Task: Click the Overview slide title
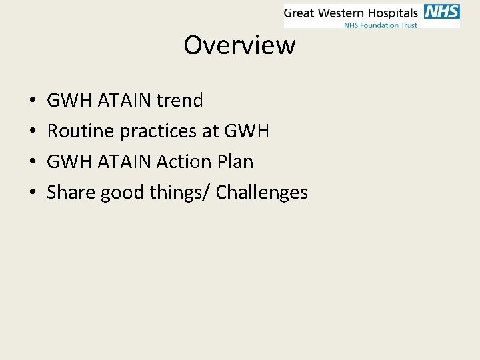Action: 239,45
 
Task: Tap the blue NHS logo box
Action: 441,12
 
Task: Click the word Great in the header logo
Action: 300,13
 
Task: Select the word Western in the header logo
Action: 342,13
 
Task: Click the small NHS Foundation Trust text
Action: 380,25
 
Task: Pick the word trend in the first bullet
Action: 179,101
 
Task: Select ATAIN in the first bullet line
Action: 125,101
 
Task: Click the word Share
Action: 71,193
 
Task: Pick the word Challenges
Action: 262,193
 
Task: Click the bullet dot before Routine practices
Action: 33,132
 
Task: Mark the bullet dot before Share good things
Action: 33,193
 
